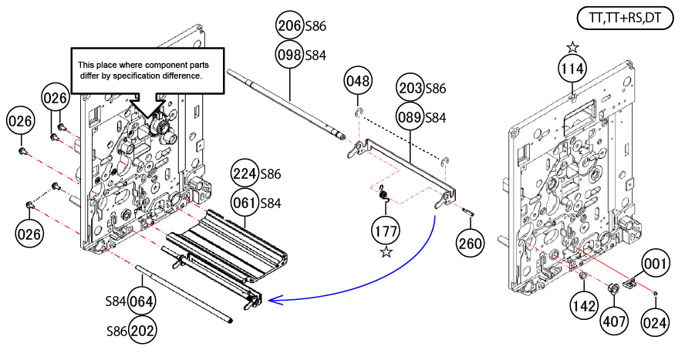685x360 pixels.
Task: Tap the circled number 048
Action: [x=359, y=80]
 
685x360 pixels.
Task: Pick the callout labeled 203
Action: [x=410, y=88]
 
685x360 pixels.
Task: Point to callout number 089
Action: [x=410, y=117]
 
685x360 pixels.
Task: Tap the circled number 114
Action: [x=572, y=70]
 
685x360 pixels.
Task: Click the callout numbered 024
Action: [x=655, y=324]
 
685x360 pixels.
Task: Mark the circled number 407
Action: [x=613, y=318]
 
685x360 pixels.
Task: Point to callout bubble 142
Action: [x=584, y=306]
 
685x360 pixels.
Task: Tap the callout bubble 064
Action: [x=142, y=301]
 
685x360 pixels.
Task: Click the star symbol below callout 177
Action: [x=386, y=252]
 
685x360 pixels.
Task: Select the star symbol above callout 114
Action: [x=572, y=48]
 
